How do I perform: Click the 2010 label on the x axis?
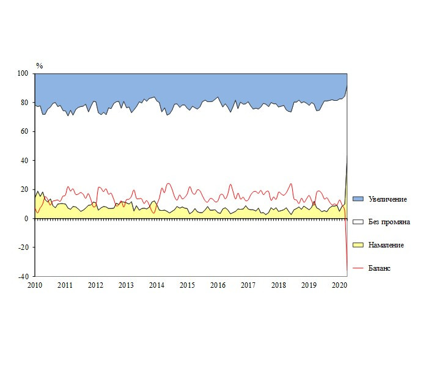[34, 285]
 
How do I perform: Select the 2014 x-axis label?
[156, 285]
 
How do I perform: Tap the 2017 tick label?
[248, 285]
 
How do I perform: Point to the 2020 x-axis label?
[339, 285]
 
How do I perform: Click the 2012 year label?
[95, 285]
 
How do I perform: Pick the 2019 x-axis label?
[309, 285]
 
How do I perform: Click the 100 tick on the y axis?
[23, 73]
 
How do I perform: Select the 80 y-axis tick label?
[25, 103]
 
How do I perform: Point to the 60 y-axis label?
[25, 131]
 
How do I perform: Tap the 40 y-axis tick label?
[25, 161]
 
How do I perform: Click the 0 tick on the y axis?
[27, 219]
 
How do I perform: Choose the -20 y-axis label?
[24, 247]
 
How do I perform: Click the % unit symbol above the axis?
[39, 65]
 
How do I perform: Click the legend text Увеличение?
[388, 199]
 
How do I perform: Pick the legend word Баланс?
[380, 268]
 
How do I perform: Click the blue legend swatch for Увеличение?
[359, 199]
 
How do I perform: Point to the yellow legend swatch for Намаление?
[359, 245]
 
